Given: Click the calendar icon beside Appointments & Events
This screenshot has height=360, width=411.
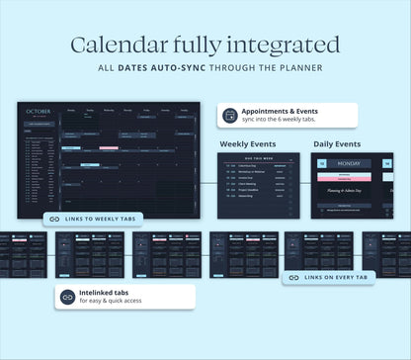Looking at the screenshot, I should click(230, 115).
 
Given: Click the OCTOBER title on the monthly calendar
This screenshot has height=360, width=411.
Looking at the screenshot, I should click(37, 112).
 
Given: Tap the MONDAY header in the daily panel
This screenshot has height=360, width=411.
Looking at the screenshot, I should click(352, 163).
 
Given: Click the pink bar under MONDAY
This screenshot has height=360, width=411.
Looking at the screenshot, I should click(352, 178).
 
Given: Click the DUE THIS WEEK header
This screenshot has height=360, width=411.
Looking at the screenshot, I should click(257, 157).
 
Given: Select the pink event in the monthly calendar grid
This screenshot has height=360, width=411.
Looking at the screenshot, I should click(109, 148).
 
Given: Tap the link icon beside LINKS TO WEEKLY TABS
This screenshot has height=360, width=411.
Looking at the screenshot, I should click(53, 219).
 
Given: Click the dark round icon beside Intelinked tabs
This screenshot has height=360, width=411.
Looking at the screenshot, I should click(67, 296).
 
